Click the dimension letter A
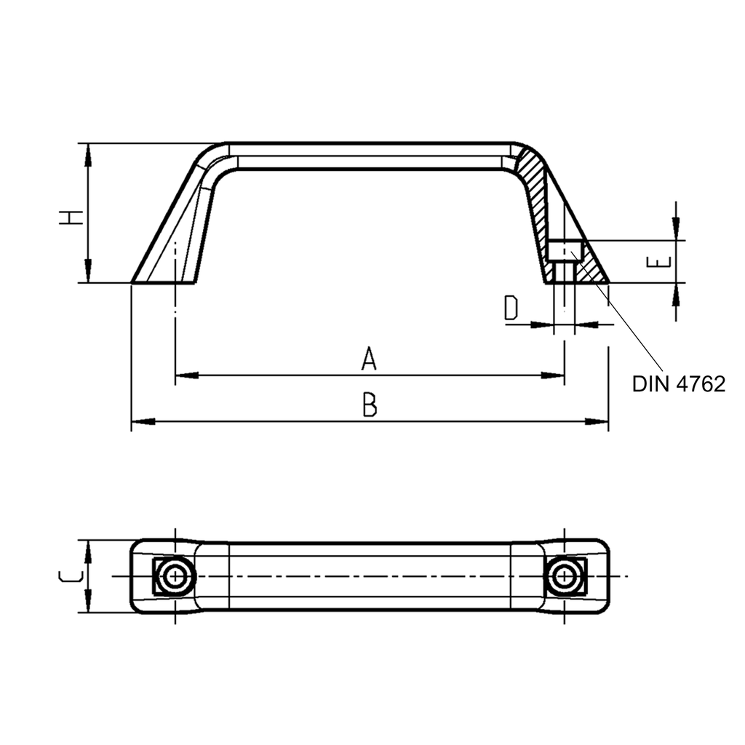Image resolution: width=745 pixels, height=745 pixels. pyautogui.click(x=369, y=359)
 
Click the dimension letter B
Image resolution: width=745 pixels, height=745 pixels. pyautogui.click(x=370, y=405)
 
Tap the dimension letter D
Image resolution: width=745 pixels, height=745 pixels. pyautogui.click(x=511, y=308)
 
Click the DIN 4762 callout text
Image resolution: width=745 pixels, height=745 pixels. pyautogui.click(x=678, y=384)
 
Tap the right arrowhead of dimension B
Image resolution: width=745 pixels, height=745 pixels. pyautogui.click(x=599, y=421)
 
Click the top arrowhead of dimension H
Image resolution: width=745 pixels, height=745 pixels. pyautogui.click(x=88, y=152)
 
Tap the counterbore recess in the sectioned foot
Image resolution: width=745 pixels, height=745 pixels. pyautogui.click(x=564, y=251)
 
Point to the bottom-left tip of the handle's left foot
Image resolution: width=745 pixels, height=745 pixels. pyautogui.click(x=132, y=282)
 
